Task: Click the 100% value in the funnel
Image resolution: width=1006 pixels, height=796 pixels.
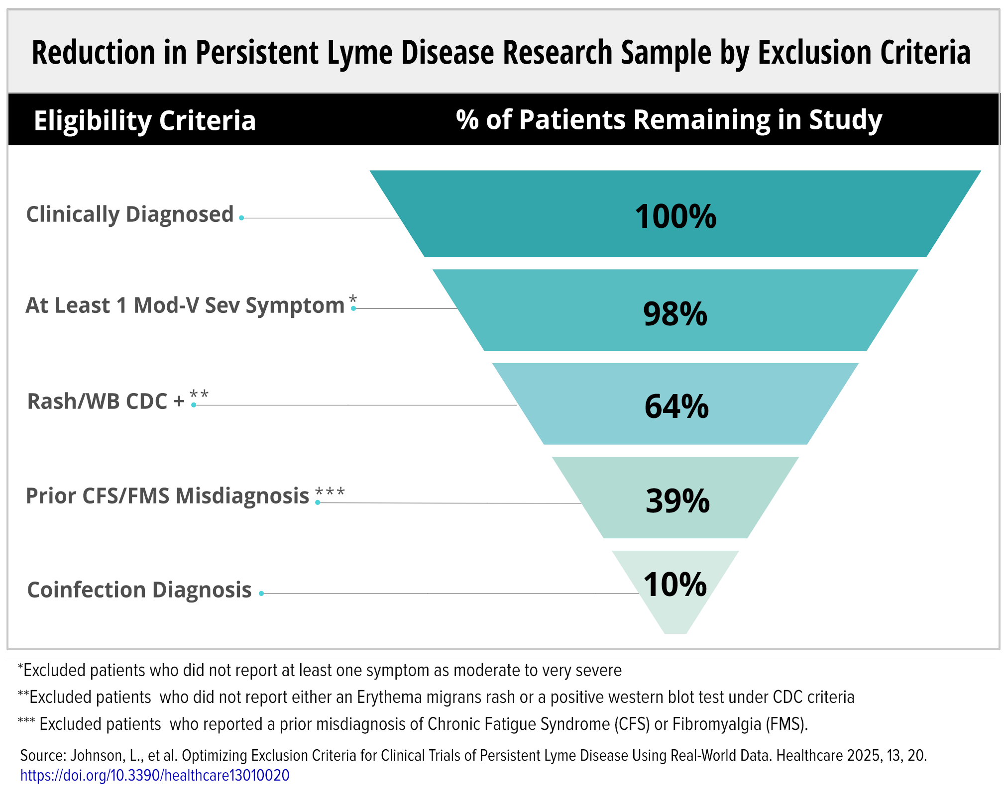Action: tap(675, 216)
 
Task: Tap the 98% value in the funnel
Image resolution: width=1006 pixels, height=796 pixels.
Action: tap(675, 314)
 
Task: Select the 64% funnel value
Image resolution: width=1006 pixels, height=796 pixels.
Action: tap(676, 406)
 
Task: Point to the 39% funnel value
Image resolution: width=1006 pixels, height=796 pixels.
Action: tap(677, 500)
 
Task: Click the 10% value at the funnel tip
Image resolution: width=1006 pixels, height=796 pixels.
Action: tap(675, 584)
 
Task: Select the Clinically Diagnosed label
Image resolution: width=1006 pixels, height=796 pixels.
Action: tap(130, 215)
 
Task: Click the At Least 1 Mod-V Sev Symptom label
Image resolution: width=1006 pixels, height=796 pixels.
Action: tap(185, 305)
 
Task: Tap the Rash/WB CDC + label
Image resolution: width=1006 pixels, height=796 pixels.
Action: tap(106, 401)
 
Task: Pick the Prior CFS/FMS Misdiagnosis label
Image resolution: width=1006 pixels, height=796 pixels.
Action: tap(167, 497)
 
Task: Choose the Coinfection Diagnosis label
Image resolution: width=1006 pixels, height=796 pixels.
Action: tap(139, 590)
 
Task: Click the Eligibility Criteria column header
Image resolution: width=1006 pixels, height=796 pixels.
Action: tap(144, 120)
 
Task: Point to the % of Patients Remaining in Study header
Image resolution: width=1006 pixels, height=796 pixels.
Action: tap(669, 120)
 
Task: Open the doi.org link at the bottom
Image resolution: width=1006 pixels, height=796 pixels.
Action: tap(155, 775)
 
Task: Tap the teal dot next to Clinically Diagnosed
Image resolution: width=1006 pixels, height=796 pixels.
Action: tap(241, 218)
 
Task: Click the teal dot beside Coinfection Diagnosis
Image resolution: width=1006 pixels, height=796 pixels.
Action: tap(261, 594)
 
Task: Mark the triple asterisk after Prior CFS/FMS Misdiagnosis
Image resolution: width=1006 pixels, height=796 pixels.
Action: tap(330, 493)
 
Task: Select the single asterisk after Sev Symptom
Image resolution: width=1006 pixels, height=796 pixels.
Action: tap(353, 299)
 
